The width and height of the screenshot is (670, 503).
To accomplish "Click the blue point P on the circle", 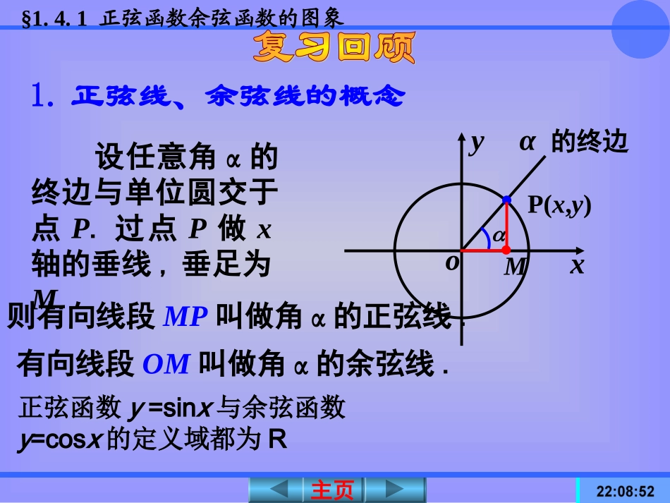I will pyautogui.click(x=506, y=201).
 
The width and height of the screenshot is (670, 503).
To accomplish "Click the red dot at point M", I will pyautogui.click(x=506, y=250).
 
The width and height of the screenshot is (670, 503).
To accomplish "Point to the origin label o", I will pyautogui.click(x=452, y=262).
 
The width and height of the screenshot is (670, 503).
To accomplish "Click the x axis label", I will pyautogui.click(x=577, y=265).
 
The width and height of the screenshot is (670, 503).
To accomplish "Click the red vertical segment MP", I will pyautogui.click(x=506, y=226).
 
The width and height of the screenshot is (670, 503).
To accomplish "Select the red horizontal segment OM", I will pyautogui.click(x=483, y=250).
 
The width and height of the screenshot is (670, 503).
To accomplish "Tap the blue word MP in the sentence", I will pyautogui.click(x=185, y=317).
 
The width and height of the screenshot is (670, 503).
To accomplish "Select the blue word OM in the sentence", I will pyautogui.click(x=166, y=364).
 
